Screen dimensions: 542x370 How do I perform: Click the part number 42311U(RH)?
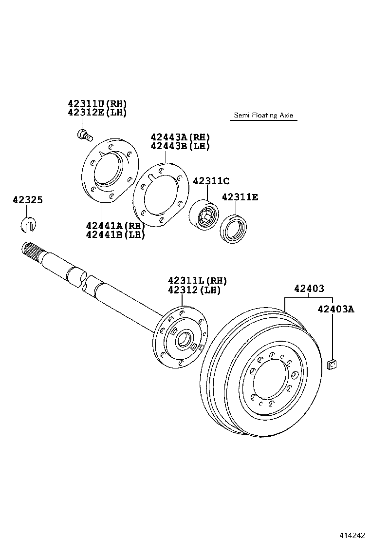coord(97,103)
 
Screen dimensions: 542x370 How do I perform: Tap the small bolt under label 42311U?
coord(84,134)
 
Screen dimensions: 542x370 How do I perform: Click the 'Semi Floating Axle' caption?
coord(263,116)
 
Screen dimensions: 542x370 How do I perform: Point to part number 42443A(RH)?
coord(180,137)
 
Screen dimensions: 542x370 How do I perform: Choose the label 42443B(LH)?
coord(180,146)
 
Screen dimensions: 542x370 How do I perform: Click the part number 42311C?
coord(211,181)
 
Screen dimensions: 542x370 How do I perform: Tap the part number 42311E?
coord(240,197)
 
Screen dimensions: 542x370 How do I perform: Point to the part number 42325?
coord(28,200)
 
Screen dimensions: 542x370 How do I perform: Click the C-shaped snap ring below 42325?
coord(30,224)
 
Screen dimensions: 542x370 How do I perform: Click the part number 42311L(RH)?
coord(198,281)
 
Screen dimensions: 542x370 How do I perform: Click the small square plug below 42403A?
coord(333,364)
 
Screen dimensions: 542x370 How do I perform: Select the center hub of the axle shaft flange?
coord(184,339)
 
